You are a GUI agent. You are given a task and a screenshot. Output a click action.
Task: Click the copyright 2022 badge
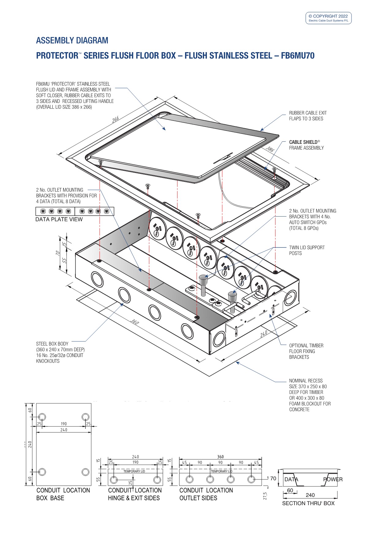[x=328, y=18]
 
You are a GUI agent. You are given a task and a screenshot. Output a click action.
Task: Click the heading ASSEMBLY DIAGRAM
[x=72, y=40]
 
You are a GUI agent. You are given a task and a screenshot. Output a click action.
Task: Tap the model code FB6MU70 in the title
[x=298, y=56]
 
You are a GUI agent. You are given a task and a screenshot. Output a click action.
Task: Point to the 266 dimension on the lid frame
[x=116, y=119]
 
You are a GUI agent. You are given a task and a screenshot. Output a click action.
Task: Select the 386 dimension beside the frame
[x=270, y=149]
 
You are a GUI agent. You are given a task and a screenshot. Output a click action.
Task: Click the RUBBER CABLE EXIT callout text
[x=308, y=116]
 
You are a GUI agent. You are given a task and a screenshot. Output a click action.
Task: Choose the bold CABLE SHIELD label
[x=303, y=142]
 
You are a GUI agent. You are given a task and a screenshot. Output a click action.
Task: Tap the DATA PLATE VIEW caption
[x=59, y=219]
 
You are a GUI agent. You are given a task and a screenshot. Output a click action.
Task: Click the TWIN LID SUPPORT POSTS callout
[x=307, y=250]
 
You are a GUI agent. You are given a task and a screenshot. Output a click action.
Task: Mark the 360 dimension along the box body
[x=135, y=322]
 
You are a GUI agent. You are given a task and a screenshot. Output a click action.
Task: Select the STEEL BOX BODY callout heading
[x=52, y=344]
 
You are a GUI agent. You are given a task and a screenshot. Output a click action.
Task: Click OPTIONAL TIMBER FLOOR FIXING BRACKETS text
[x=306, y=351]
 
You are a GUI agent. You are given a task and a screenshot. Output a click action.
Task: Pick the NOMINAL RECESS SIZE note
[x=310, y=395]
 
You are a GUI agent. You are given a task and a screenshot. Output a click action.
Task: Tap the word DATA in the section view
[x=291, y=479]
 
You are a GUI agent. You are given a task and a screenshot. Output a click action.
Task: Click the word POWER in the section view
[x=333, y=479]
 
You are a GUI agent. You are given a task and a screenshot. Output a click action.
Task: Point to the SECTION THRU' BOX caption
[x=308, y=503]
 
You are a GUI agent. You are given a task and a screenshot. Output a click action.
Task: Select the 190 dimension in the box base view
[x=64, y=424]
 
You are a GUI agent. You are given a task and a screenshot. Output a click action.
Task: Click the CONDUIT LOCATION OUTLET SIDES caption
[x=206, y=494]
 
